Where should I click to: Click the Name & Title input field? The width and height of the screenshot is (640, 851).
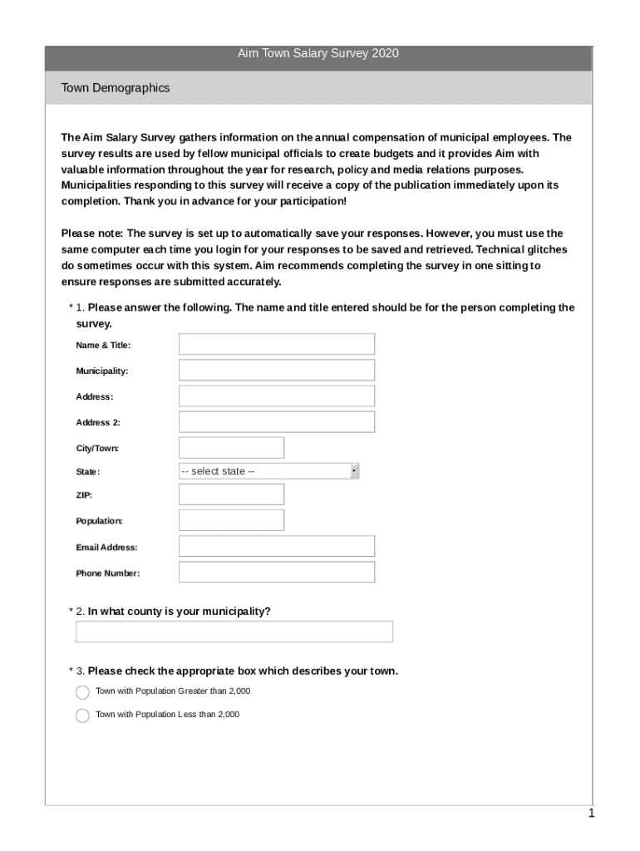click(277, 344)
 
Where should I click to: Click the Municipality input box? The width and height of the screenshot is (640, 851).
click(277, 370)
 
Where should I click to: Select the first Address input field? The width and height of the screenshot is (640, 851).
click(277, 396)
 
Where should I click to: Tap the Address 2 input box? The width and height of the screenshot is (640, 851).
click(277, 422)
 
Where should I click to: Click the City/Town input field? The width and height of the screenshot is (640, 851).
click(231, 448)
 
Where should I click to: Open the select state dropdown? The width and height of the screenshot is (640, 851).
click(268, 471)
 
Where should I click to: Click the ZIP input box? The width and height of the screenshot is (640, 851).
click(231, 494)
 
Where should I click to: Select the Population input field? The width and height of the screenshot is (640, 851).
click(231, 520)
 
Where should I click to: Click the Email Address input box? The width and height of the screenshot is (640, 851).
click(277, 547)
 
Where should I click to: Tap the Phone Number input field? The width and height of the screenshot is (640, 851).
click(277, 573)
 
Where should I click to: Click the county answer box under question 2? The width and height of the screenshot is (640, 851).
click(234, 632)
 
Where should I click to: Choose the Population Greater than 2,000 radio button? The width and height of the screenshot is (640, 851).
click(82, 692)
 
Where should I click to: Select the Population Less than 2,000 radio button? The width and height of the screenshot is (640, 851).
click(82, 716)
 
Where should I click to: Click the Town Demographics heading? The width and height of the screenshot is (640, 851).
click(116, 88)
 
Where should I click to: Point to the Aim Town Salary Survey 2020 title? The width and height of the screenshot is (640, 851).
click(318, 54)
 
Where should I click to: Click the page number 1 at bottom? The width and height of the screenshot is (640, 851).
click(591, 814)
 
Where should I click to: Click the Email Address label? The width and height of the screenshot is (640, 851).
click(106, 548)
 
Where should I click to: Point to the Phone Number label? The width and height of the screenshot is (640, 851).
click(108, 573)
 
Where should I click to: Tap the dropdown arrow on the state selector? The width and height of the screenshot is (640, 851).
click(354, 471)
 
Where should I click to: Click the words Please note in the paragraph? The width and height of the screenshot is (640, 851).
click(91, 234)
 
